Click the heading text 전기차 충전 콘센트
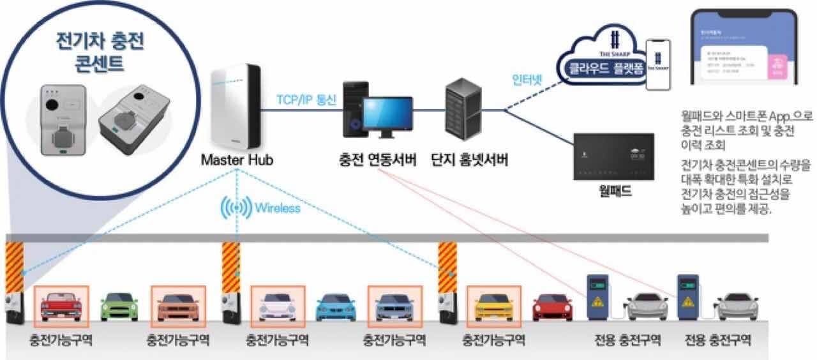click(100, 52)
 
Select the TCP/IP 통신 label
click(306, 101)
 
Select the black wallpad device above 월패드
click(613, 157)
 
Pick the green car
click(119, 306)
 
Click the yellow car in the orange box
click(494, 306)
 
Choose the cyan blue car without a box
click(336, 307)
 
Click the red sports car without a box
click(552, 307)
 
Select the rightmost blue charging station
click(689, 297)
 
